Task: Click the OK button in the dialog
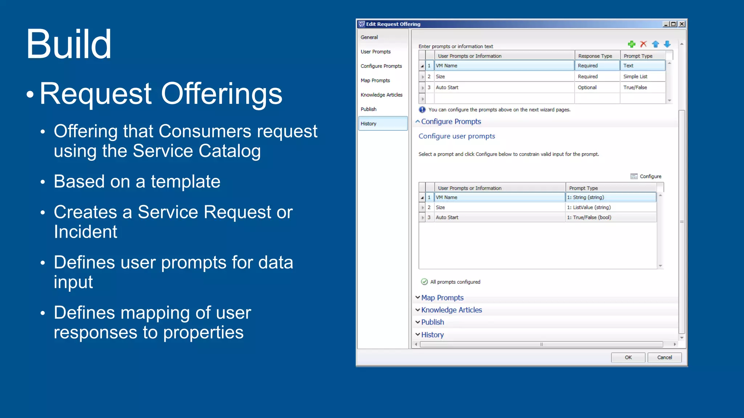(x=628, y=357)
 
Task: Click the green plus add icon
(x=632, y=44)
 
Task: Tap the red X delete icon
(x=643, y=44)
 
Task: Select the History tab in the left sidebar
(x=383, y=123)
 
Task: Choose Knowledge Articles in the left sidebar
(x=381, y=95)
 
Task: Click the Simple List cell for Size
(x=635, y=77)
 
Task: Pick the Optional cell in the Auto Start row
(x=587, y=87)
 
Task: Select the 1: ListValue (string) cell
(x=589, y=207)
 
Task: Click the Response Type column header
(x=595, y=56)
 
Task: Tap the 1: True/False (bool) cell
(x=589, y=217)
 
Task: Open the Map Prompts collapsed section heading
(x=442, y=298)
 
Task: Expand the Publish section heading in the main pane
(x=432, y=322)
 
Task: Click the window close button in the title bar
(x=682, y=24)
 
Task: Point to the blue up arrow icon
(x=655, y=44)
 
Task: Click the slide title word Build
(x=69, y=44)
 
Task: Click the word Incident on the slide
(x=85, y=231)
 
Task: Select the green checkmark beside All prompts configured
(x=424, y=282)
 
